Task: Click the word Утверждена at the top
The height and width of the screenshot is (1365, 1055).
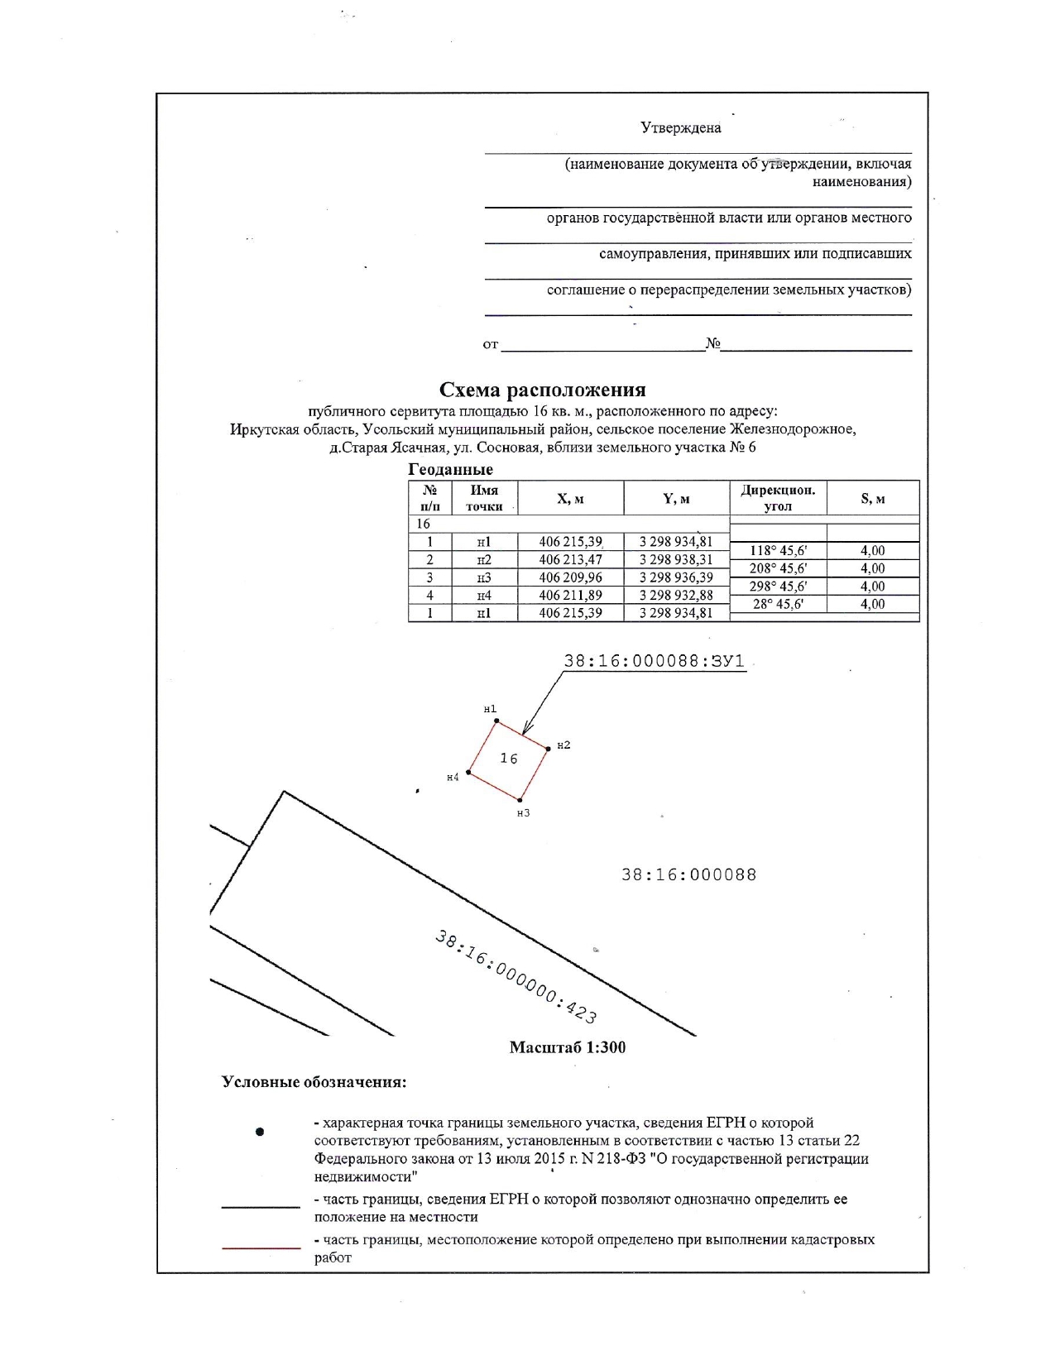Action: pos(680,127)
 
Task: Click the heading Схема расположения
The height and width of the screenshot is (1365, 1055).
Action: pos(542,390)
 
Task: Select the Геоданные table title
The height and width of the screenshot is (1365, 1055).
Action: pos(450,469)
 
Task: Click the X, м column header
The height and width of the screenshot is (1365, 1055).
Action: pos(570,499)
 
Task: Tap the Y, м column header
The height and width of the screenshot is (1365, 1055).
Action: pos(676,499)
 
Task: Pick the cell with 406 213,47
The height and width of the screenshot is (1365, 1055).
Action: pos(570,560)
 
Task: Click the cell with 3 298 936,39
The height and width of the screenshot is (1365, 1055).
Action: pos(676,577)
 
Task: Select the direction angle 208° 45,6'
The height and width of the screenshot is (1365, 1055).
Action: pos(778,568)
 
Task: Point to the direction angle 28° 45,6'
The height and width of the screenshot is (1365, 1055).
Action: pos(778,604)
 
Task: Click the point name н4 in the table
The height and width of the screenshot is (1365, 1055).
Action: pos(484,596)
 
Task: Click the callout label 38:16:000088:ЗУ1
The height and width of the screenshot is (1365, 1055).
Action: pos(654,662)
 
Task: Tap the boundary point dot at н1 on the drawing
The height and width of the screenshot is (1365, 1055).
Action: pos(496,721)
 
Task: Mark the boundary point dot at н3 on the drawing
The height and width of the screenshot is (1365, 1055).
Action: pos(520,800)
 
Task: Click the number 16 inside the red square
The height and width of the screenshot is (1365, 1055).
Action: pos(509,759)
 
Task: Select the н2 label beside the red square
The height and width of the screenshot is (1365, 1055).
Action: pos(563,745)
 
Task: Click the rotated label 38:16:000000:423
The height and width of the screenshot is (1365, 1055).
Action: pos(516,977)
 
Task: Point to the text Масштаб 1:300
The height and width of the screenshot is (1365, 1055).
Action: pos(568,1047)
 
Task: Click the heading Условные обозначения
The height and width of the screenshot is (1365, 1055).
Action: pos(314,1082)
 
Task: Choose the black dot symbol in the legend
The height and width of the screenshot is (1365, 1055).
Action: pos(260,1132)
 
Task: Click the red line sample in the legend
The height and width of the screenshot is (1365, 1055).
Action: pos(261,1247)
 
